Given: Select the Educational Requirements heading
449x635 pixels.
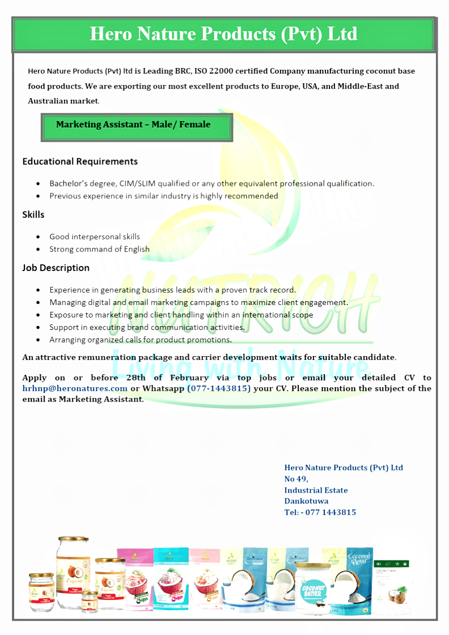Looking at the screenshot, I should (x=80, y=162).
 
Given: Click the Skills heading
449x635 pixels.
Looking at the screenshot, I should (x=33, y=215).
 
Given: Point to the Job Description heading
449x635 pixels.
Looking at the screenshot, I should (x=56, y=268).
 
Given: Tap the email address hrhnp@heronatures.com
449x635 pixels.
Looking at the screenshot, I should (x=75, y=388).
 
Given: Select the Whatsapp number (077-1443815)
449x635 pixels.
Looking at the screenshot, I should (x=219, y=388).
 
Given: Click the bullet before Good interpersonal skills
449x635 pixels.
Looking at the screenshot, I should (x=38, y=237).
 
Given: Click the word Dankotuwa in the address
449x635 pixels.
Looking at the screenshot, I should (x=306, y=501).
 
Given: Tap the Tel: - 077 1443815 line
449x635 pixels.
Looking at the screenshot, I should (x=320, y=513).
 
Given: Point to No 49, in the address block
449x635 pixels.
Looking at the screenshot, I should (x=296, y=479).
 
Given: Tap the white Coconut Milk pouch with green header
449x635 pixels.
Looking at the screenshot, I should (x=391, y=587).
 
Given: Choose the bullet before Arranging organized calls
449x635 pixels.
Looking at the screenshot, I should (x=38, y=340).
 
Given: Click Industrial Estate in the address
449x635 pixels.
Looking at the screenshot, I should (x=316, y=490).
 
